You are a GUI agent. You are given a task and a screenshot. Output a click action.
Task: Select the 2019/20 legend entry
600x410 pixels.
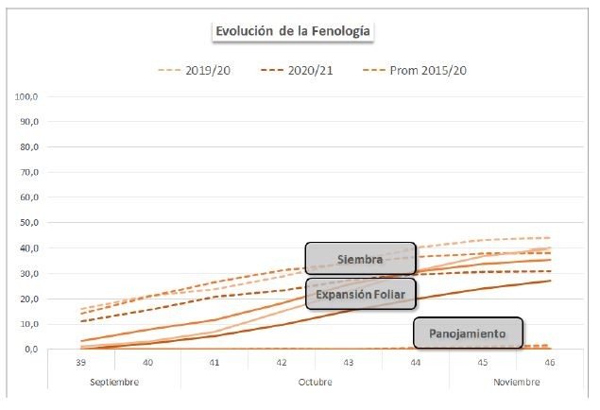[x=211, y=70]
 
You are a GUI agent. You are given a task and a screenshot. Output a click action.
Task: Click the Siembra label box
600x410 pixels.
[x=359, y=259]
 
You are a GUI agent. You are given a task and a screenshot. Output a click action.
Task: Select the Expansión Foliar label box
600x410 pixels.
[x=360, y=295]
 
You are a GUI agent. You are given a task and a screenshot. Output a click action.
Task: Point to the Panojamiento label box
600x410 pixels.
[x=468, y=333]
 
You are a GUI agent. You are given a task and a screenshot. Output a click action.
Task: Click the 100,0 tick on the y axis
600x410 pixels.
[x=28, y=97]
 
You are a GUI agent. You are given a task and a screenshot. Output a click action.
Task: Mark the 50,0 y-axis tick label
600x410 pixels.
[x=28, y=223]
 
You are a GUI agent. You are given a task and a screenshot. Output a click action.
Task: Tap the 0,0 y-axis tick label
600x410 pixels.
[x=30, y=350]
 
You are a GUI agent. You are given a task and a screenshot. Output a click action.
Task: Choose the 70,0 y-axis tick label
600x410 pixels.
[x=28, y=173]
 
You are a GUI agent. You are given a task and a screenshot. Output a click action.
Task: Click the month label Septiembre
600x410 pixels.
[x=114, y=383]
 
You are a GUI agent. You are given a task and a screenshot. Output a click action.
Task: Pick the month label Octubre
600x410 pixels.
[x=316, y=383]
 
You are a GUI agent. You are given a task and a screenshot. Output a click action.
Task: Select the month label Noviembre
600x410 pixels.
[x=516, y=383]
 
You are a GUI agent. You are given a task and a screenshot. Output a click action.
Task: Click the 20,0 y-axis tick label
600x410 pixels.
[x=28, y=299]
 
